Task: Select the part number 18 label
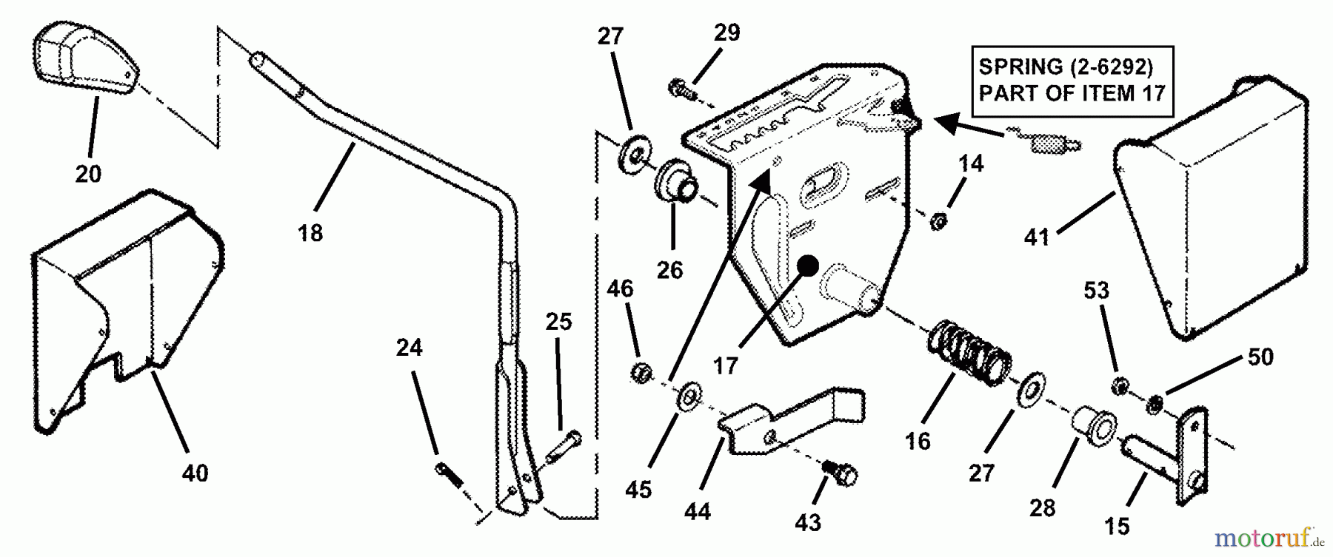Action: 311,233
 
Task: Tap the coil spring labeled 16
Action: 970,352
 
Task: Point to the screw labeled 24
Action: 449,474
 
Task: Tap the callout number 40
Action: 196,473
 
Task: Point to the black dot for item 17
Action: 806,265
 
